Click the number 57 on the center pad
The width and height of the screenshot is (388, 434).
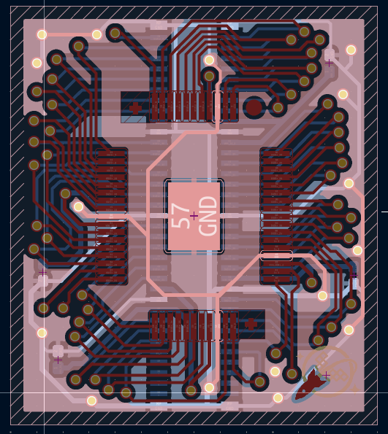tap(180, 216)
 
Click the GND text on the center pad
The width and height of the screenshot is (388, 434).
tap(208, 216)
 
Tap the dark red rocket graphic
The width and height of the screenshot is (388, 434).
tap(311, 384)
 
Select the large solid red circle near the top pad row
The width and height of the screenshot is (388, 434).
tap(254, 107)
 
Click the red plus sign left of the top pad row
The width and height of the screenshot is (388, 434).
tap(135, 108)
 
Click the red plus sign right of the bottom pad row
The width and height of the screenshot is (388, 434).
tap(251, 324)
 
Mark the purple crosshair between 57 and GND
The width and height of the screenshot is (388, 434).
tap(194, 216)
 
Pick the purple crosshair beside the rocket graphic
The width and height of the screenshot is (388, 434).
tap(326, 376)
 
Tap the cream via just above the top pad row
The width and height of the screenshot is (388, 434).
tap(209, 60)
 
